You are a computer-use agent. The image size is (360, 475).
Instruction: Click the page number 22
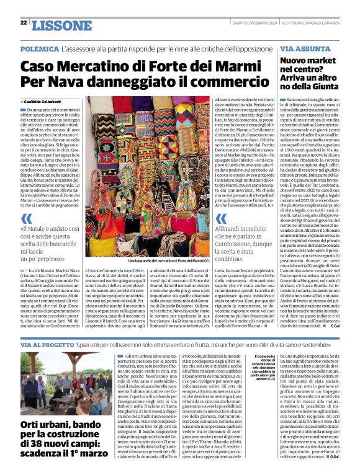pyautogui.click(x=24, y=22)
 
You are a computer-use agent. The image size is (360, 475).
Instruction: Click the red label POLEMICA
pyautogui.click(x=39, y=48)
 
